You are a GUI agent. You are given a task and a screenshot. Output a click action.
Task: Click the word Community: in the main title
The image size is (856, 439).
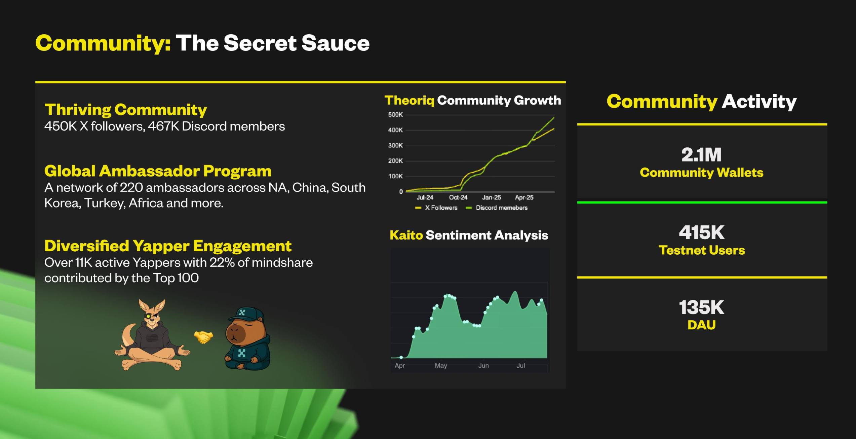(103, 43)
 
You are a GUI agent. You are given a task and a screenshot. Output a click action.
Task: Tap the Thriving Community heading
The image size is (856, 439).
(126, 110)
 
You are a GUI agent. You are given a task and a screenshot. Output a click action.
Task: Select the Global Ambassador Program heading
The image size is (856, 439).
(158, 171)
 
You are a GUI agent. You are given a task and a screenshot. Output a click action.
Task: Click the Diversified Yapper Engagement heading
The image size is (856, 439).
(168, 246)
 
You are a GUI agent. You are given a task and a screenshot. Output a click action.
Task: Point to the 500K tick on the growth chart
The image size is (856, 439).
(395, 115)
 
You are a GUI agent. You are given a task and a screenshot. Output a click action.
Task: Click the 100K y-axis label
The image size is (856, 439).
(395, 176)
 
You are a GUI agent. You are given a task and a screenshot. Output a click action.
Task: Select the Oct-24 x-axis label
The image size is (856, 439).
(458, 197)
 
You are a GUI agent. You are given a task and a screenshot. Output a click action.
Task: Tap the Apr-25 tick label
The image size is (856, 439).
(524, 197)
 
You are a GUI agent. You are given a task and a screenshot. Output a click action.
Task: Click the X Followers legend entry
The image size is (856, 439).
(436, 208)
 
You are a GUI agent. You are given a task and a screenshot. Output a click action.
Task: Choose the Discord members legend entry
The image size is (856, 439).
(497, 208)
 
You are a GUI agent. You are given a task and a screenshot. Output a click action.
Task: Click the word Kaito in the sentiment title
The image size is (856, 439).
(406, 235)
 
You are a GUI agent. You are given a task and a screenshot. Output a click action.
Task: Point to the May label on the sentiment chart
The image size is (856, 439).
(441, 366)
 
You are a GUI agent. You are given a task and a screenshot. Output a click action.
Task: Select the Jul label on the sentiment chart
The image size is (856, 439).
(520, 366)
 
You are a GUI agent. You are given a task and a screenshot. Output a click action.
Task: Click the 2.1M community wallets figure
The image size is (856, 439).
(701, 155)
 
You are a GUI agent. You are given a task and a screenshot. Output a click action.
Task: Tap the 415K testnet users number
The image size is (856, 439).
(702, 232)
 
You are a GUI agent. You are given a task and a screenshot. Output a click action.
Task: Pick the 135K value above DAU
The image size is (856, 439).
(702, 307)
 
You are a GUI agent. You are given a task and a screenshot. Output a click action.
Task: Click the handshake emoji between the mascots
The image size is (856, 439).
(203, 337)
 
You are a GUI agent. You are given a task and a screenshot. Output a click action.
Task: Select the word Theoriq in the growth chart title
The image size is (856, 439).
(409, 101)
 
